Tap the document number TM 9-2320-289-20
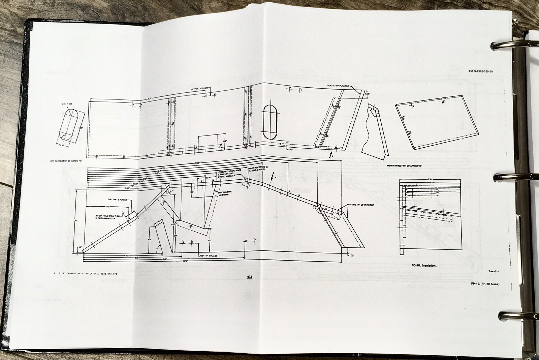pos(483,71)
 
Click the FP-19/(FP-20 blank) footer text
pos(485,284)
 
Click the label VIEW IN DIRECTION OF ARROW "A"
pos(66,162)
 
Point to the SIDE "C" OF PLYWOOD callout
pos(338,86)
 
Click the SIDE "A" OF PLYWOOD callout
pos(362,205)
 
